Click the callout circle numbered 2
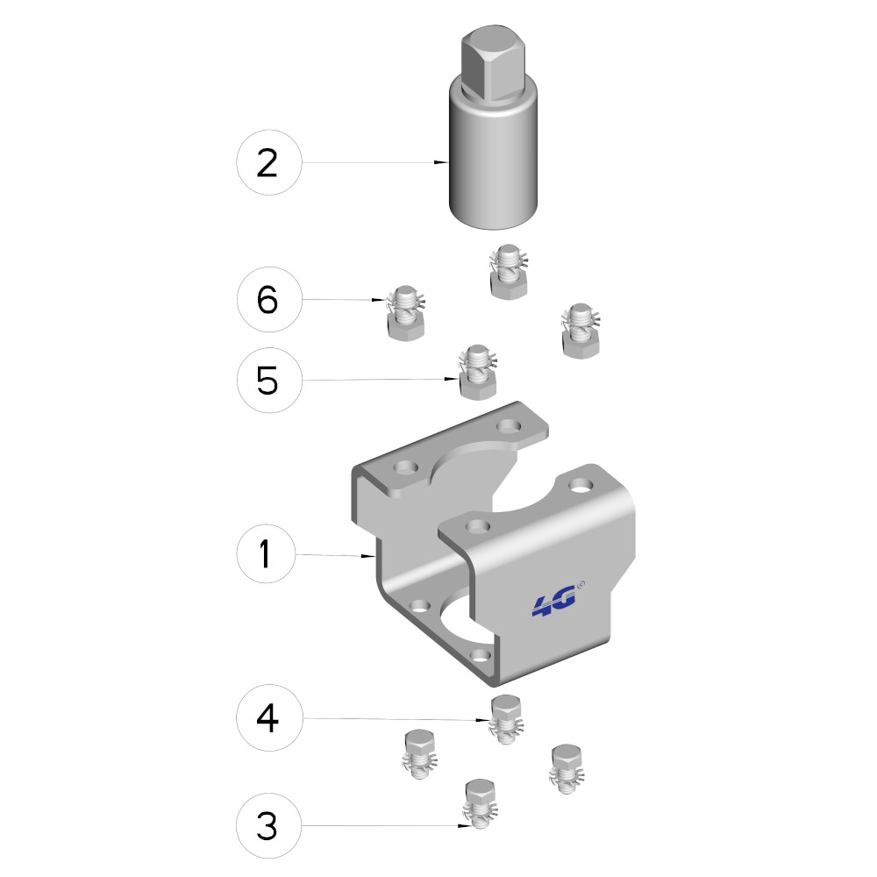[269, 162]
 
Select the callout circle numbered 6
[269, 299]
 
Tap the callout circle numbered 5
[269, 381]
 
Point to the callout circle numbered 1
[266, 553]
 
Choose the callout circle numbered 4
[269, 717]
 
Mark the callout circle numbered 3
[268, 825]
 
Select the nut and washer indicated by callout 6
[406, 313]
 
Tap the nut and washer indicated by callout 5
[478, 372]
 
